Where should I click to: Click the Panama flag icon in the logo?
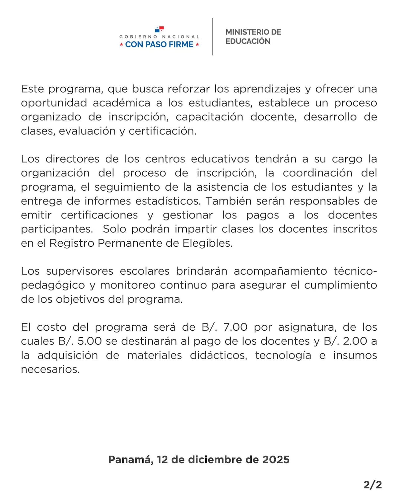click(x=159, y=29)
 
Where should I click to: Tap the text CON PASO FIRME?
click(x=159, y=44)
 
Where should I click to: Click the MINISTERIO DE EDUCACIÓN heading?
click(x=253, y=37)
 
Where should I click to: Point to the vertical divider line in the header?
click(x=213, y=37)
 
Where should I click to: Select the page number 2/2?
click(x=372, y=485)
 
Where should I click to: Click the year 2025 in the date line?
click(x=276, y=459)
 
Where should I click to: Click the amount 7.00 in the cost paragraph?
click(x=235, y=327)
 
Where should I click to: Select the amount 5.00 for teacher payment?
click(x=90, y=341)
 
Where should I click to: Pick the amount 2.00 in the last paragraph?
click(x=355, y=341)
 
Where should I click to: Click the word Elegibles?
click(x=207, y=243)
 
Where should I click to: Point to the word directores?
click(x=72, y=159)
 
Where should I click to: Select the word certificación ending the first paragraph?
click(x=163, y=131)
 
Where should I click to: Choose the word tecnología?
click(x=283, y=356)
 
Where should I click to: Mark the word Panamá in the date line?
click(x=131, y=459)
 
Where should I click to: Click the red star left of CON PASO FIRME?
click(x=121, y=44)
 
